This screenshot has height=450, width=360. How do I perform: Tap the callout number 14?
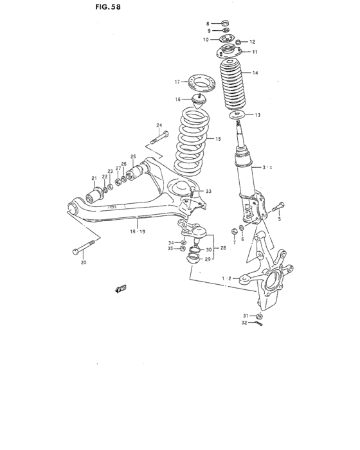[x=255, y=73]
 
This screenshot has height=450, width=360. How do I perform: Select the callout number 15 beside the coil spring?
[x=218, y=139]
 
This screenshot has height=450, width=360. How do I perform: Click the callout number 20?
[x=82, y=262]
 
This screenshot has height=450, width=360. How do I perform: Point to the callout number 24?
[x=158, y=125]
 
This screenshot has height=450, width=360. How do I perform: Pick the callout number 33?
[x=208, y=191]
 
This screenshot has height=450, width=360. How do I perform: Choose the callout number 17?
[x=177, y=82]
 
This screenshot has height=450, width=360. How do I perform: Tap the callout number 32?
[x=244, y=323]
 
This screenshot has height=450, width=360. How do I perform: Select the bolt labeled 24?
[x=160, y=137]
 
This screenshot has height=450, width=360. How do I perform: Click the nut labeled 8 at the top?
[x=226, y=22]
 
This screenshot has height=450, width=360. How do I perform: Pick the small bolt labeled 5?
[x=276, y=208]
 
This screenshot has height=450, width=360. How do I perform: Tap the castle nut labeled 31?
[x=258, y=316]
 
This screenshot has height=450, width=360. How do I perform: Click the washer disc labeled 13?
[x=237, y=116]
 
